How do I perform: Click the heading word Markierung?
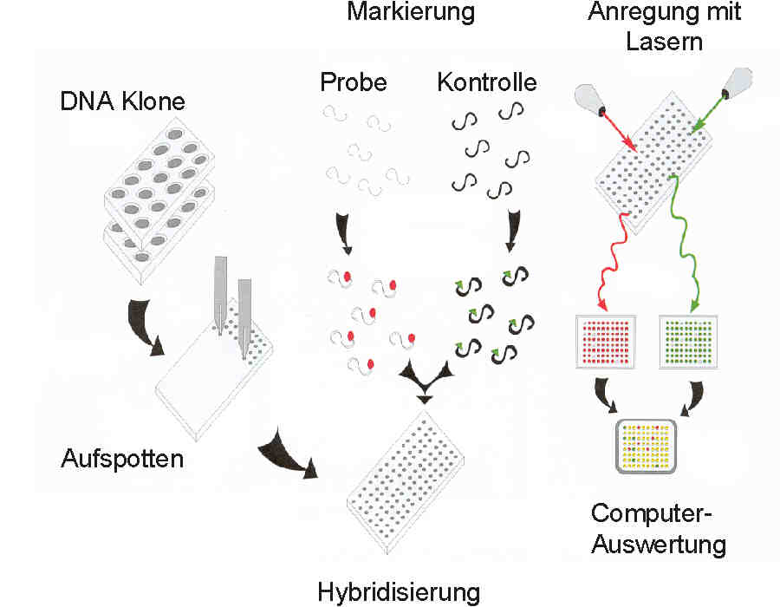[x=411, y=12]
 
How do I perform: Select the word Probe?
[x=353, y=83]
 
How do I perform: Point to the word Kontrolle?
[x=487, y=83]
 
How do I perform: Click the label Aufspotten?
[x=122, y=458]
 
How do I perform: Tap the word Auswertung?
[x=660, y=545]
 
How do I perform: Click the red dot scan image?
[x=606, y=341]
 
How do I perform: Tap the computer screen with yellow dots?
[x=647, y=446]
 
